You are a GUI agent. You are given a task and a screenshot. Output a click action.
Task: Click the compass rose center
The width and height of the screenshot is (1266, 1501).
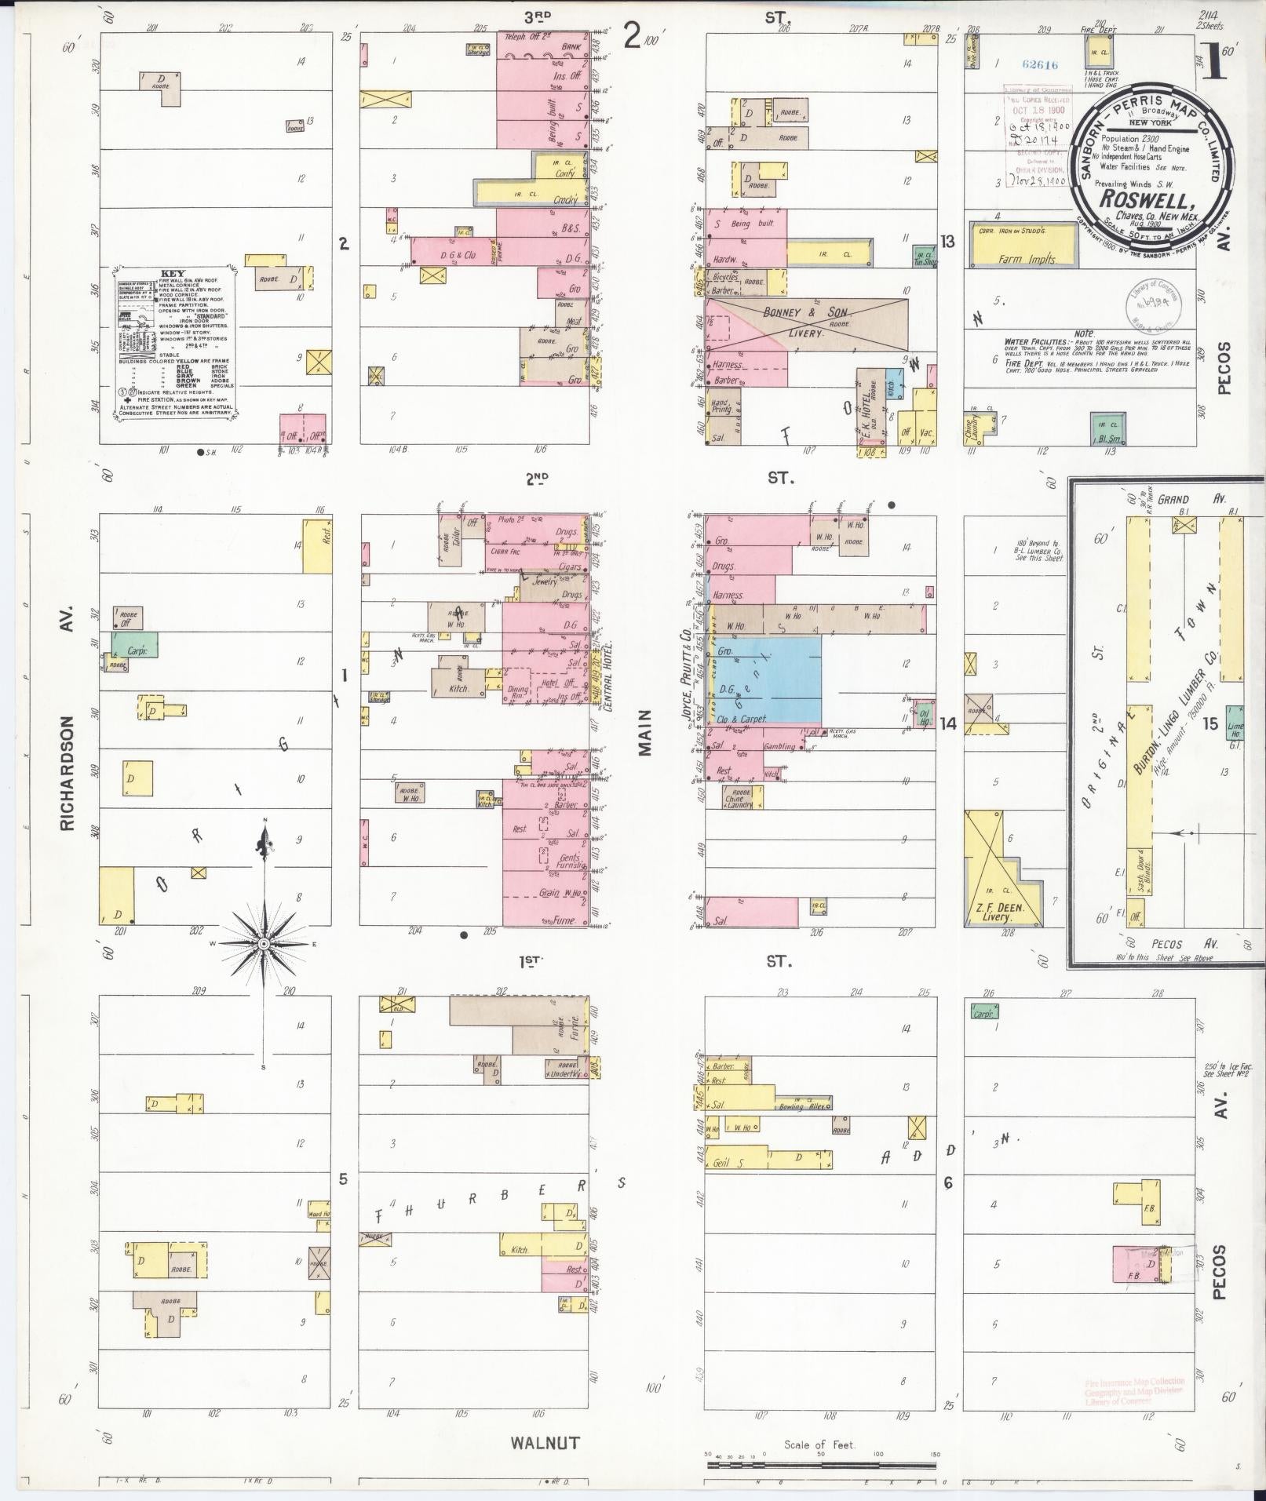click(265, 942)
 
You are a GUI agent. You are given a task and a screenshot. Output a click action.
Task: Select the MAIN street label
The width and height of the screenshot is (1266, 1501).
click(645, 732)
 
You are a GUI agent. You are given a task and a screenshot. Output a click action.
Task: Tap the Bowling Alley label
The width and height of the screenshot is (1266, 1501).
click(803, 1106)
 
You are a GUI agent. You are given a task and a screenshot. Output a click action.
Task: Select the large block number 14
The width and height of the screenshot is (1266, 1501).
click(948, 723)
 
